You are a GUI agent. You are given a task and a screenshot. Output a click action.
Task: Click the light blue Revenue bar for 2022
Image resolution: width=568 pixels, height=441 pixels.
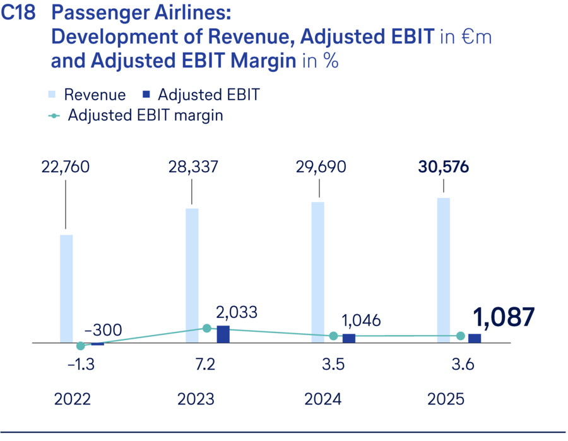click(x=66, y=289)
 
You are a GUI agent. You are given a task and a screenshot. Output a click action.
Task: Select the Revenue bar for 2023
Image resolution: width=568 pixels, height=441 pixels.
click(x=192, y=276)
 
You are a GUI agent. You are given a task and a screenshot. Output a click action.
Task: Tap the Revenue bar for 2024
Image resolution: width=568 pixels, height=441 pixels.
click(x=318, y=273)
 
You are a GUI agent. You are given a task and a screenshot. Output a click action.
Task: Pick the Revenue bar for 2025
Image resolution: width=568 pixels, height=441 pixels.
click(x=444, y=271)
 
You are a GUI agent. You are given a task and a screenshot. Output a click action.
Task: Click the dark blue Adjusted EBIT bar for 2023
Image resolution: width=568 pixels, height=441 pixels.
click(x=223, y=334)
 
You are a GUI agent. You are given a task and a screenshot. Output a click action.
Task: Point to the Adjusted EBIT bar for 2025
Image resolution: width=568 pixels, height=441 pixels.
click(x=475, y=338)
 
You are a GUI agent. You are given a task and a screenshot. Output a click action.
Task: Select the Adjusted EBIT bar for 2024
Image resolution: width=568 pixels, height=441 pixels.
click(x=349, y=338)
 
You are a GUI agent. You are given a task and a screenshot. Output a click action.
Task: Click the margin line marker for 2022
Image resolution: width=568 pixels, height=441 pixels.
click(x=81, y=346)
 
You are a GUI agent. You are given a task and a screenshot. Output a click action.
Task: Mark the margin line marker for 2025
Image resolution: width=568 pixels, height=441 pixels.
click(x=461, y=336)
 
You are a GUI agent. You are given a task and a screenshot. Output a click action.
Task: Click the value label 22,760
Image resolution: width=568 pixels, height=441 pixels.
click(x=66, y=167)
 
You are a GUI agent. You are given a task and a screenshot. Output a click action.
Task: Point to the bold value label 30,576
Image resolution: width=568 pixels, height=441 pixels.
click(x=444, y=167)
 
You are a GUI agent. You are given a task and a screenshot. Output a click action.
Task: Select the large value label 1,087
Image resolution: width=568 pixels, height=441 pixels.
click(x=502, y=317)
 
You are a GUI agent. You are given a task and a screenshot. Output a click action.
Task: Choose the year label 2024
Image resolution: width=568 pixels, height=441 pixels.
click(x=323, y=400)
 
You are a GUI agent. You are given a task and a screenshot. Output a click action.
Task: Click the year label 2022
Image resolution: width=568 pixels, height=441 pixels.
click(x=73, y=400)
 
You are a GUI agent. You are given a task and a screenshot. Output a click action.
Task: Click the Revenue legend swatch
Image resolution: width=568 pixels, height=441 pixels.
click(x=52, y=95)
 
